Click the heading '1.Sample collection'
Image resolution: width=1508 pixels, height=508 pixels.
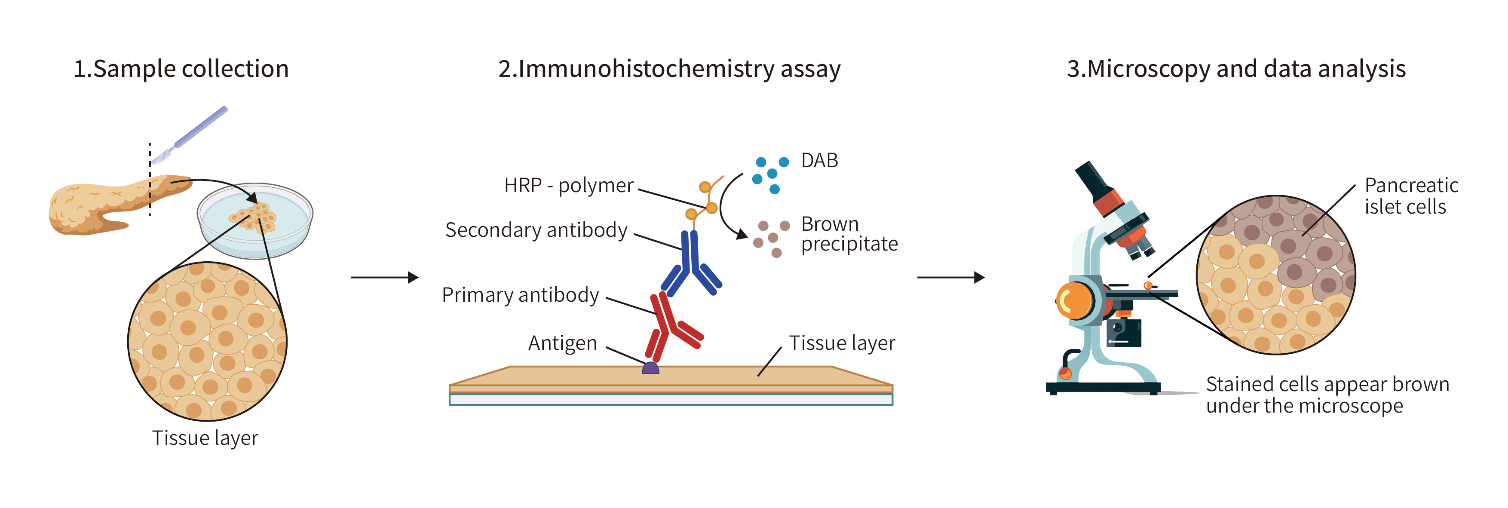[x=181, y=69]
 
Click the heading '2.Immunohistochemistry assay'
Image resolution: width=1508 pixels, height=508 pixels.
[x=669, y=69]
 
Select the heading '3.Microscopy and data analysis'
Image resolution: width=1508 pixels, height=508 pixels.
[x=1236, y=69]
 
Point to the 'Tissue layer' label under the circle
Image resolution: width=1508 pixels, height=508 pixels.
[x=205, y=438]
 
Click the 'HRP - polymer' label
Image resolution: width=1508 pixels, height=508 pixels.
[x=568, y=186]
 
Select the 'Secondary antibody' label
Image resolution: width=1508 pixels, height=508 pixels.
[x=536, y=230]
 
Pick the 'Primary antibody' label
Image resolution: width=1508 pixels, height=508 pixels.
[x=521, y=295]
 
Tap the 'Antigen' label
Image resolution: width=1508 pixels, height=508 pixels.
[x=563, y=343]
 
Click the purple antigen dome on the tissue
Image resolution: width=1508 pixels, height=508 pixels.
[x=650, y=368]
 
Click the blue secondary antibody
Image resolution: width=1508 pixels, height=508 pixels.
[x=691, y=263]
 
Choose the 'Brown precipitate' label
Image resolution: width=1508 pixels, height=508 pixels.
[x=849, y=233]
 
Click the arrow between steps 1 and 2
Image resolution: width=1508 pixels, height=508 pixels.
[x=385, y=277]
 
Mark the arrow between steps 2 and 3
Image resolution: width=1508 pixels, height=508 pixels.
[x=951, y=277]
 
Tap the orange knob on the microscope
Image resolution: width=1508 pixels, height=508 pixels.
[x=1075, y=301]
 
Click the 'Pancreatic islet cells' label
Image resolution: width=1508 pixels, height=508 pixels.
[x=1411, y=196]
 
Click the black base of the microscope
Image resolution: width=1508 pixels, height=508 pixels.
[x=1103, y=387]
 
